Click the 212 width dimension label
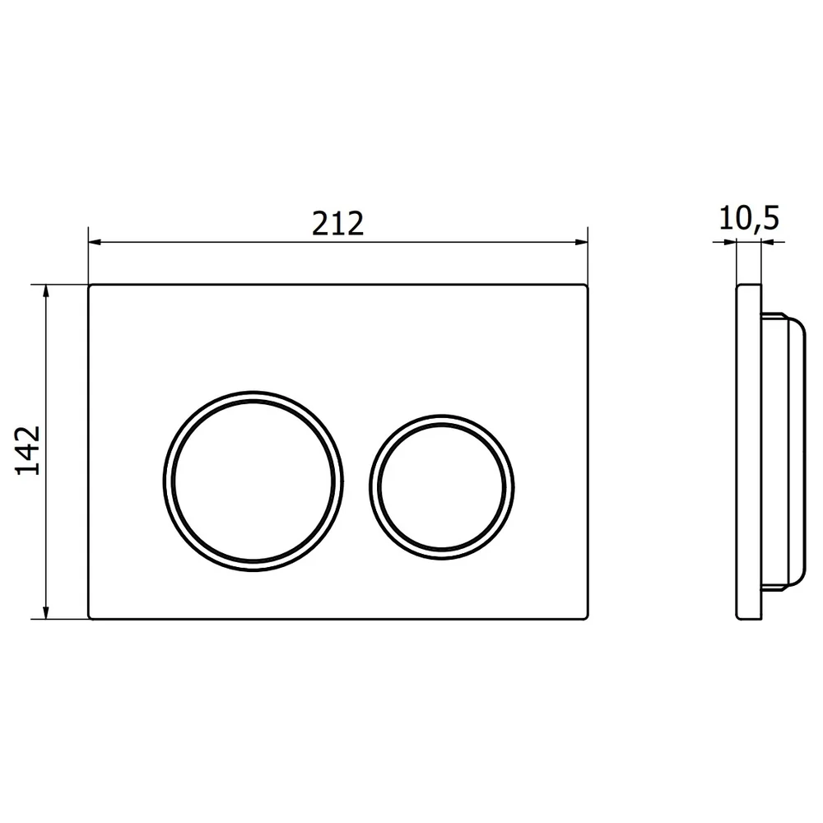click(337, 224)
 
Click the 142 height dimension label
click(28, 450)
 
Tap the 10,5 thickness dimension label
click(749, 218)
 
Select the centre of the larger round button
click(253, 481)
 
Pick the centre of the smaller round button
click(442, 487)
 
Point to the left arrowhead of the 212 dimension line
click(95, 242)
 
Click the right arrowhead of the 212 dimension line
click(582, 242)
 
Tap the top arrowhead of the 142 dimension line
click(46, 291)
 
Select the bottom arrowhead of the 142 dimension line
click(46, 612)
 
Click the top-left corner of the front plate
click(89, 285)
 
